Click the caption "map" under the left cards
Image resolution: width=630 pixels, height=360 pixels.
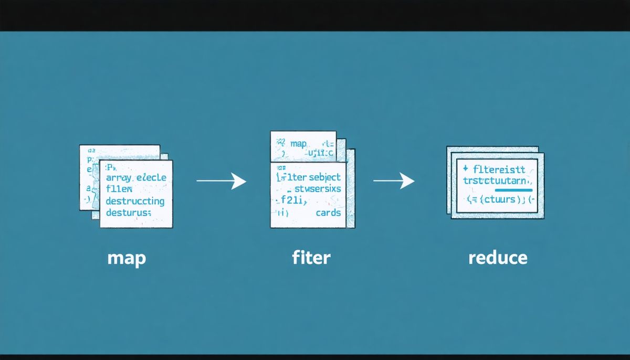(x=126, y=258)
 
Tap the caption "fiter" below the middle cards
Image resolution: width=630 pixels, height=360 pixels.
(x=312, y=258)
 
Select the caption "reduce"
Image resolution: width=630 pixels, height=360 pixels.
(x=497, y=258)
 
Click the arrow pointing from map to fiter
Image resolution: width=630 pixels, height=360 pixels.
(x=221, y=182)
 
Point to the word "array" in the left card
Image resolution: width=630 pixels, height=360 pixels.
(x=119, y=178)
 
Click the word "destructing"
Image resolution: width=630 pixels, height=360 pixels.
(x=135, y=201)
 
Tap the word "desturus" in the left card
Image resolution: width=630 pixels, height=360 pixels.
(x=128, y=213)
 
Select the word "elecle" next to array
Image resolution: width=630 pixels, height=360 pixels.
(x=151, y=177)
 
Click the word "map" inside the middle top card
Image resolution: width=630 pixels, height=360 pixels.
(x=297, y=143)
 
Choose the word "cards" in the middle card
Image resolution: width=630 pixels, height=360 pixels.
(x=328, y=213)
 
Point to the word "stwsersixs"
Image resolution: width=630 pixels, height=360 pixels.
(x=318, y=188)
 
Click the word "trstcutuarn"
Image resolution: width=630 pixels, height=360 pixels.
(x=498, y=180)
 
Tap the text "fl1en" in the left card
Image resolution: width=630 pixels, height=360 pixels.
(x=119, y=189)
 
